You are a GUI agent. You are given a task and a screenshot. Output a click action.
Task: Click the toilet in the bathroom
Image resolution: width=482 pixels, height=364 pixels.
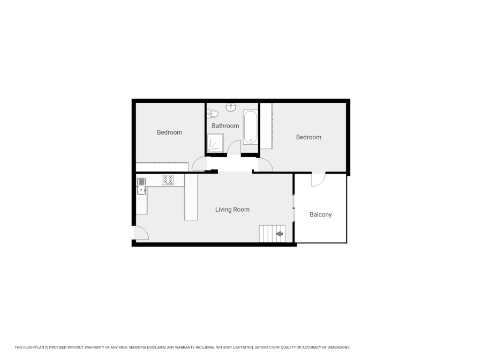(x=213, y=114)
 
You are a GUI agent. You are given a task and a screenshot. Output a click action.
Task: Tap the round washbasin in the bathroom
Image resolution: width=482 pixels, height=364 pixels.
(x=232, y=107)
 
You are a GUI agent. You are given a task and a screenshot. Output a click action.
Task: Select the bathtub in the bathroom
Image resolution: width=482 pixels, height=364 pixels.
(x=250, y=128)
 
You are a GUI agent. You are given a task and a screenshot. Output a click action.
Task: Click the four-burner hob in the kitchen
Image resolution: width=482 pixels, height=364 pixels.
(x=168, y=181)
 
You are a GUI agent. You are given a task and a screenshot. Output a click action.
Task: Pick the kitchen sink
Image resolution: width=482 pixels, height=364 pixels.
(x=141, y=186)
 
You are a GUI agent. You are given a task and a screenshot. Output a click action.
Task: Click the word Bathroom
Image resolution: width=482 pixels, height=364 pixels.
(x=225, y=126)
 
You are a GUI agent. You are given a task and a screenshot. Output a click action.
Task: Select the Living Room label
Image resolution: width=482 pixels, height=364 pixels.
(x=232, y=210)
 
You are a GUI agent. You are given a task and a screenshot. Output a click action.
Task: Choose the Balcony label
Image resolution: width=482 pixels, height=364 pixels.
(x=321, y=214)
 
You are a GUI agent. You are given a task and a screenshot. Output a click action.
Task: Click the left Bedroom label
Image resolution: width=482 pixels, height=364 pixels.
(x=169, y=132)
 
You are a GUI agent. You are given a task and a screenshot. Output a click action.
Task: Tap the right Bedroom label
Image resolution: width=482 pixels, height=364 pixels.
(x=309, y=137)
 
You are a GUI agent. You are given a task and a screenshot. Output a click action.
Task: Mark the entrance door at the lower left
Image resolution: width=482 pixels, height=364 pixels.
(x=140, y=232)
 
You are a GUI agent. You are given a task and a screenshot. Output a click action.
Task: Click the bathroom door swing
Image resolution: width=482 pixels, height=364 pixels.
(x=234, y=147)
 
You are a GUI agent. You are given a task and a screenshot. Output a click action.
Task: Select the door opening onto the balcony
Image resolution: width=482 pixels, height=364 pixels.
(x=318, y=179)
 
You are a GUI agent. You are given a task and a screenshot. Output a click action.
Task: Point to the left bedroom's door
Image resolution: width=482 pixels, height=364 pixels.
(x=199, y=164)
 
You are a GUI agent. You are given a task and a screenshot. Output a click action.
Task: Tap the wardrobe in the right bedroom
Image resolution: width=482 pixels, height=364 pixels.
(x=266, y=126)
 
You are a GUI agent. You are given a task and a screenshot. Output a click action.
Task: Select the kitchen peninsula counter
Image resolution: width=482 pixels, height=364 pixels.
(x=191, y=197)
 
